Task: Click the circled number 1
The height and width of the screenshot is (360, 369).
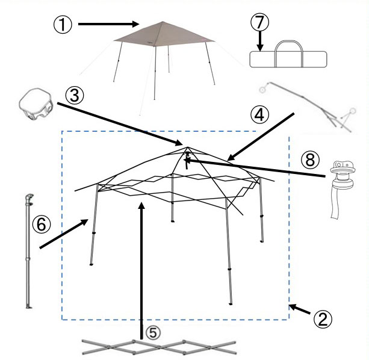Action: click(x=63, y=25)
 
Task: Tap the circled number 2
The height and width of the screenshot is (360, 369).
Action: click(x=323, y=320)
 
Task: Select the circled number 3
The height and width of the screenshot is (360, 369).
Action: click(x=75, y=96)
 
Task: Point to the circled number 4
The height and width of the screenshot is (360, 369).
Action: click(x=259, y=115)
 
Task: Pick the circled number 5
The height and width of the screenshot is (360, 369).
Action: click(x=153, y=332)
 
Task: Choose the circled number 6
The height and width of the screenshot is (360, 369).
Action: click(x=42, y=224)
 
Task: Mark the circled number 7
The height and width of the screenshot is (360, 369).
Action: click(x=259, y=22)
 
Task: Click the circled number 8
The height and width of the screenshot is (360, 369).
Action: click(x=311, y=160)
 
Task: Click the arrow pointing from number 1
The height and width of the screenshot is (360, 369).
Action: click(x=109, y=23)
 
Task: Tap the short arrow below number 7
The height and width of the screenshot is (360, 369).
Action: click(x=260, y=41)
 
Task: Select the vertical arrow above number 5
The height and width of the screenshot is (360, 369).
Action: click(x=141, y=271)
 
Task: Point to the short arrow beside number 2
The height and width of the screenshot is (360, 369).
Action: click(x=299, y=309)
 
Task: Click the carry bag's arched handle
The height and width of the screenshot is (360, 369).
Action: click(x=289, y=42)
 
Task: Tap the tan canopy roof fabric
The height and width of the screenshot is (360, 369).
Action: click(x=164, y=34)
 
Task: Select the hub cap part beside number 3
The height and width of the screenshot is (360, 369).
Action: click(x=36, y=105)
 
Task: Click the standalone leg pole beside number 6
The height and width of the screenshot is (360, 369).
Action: click(x=29, y=251)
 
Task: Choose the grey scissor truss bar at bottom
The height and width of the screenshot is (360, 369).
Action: click(x=159, y=347)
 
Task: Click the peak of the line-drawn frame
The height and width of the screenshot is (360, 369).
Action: click(x=188, y=147)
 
